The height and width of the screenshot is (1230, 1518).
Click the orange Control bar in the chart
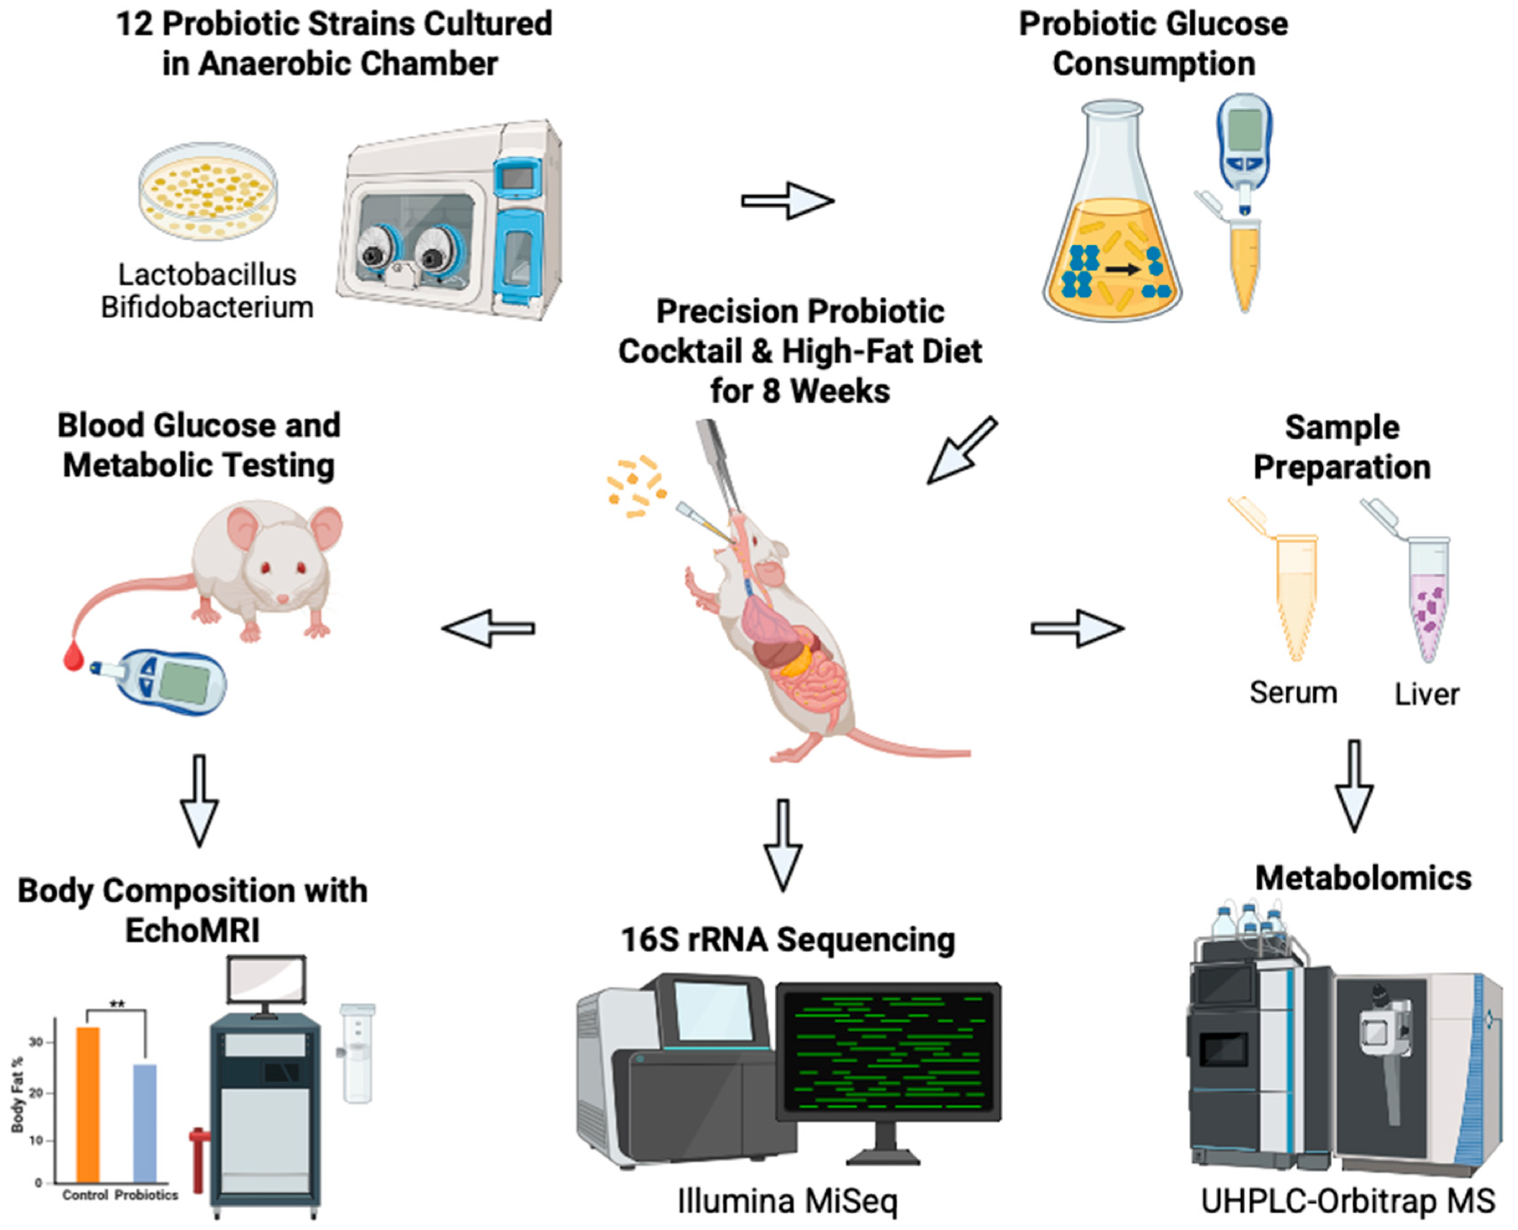click(88, 1105)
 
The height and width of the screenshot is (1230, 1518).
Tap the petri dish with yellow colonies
click(208, 191)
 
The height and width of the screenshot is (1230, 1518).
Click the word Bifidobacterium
click(207, 307)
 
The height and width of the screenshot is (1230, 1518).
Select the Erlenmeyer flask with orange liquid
click(1112, 228)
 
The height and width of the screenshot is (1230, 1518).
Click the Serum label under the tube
click(1293, 692)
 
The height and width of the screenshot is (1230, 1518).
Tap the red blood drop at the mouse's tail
click(74, 656)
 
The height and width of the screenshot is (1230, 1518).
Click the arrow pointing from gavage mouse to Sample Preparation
click(1078, 628)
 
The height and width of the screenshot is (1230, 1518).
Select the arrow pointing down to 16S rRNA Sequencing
click(783, 844)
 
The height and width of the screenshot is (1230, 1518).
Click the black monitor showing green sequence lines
click(888, 1052)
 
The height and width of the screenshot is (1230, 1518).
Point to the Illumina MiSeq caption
click(787, 1201)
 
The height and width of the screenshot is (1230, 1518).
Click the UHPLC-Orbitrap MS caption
click(1348, 1201)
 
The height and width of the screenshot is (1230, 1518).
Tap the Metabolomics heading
click(1363, 878)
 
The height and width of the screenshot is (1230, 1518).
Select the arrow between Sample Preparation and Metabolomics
click(1354, 786)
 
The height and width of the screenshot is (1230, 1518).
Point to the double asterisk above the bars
click(117, 1004)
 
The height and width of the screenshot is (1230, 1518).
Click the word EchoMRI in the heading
click(192, 931)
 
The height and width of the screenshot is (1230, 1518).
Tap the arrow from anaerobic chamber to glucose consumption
click(788, 200)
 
